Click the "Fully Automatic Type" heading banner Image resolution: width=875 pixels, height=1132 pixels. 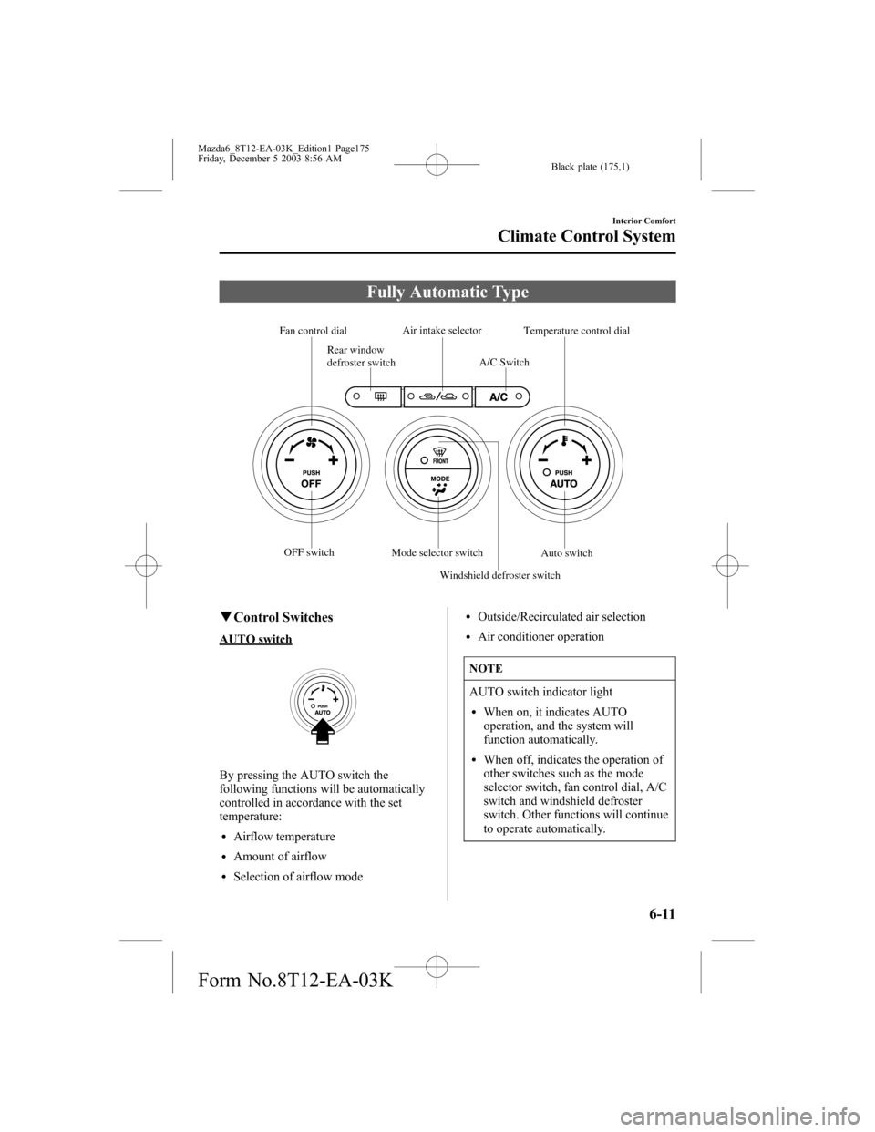click(447, 292)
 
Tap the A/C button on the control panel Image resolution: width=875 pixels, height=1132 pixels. click(499, 396)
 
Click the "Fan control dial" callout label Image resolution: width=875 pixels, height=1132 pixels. click(313, 330)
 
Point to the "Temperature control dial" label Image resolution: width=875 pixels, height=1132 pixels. click(577, 330)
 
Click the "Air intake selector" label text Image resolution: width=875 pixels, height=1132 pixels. click(442, 329)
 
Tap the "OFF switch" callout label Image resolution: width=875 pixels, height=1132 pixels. click(308, 552)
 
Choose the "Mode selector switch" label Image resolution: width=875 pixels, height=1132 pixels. click(437, 552)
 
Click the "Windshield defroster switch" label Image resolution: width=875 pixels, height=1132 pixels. click(499, 575)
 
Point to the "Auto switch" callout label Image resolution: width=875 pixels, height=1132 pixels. click(567, 553)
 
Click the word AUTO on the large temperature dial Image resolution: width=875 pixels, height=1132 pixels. click(563, 484)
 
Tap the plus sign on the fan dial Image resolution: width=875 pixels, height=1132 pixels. click(333, 460)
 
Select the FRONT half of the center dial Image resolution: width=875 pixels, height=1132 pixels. click(439, 453)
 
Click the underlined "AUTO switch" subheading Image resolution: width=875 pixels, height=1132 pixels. click(256, 639)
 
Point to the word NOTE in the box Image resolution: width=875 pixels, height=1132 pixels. click(486, 668)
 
